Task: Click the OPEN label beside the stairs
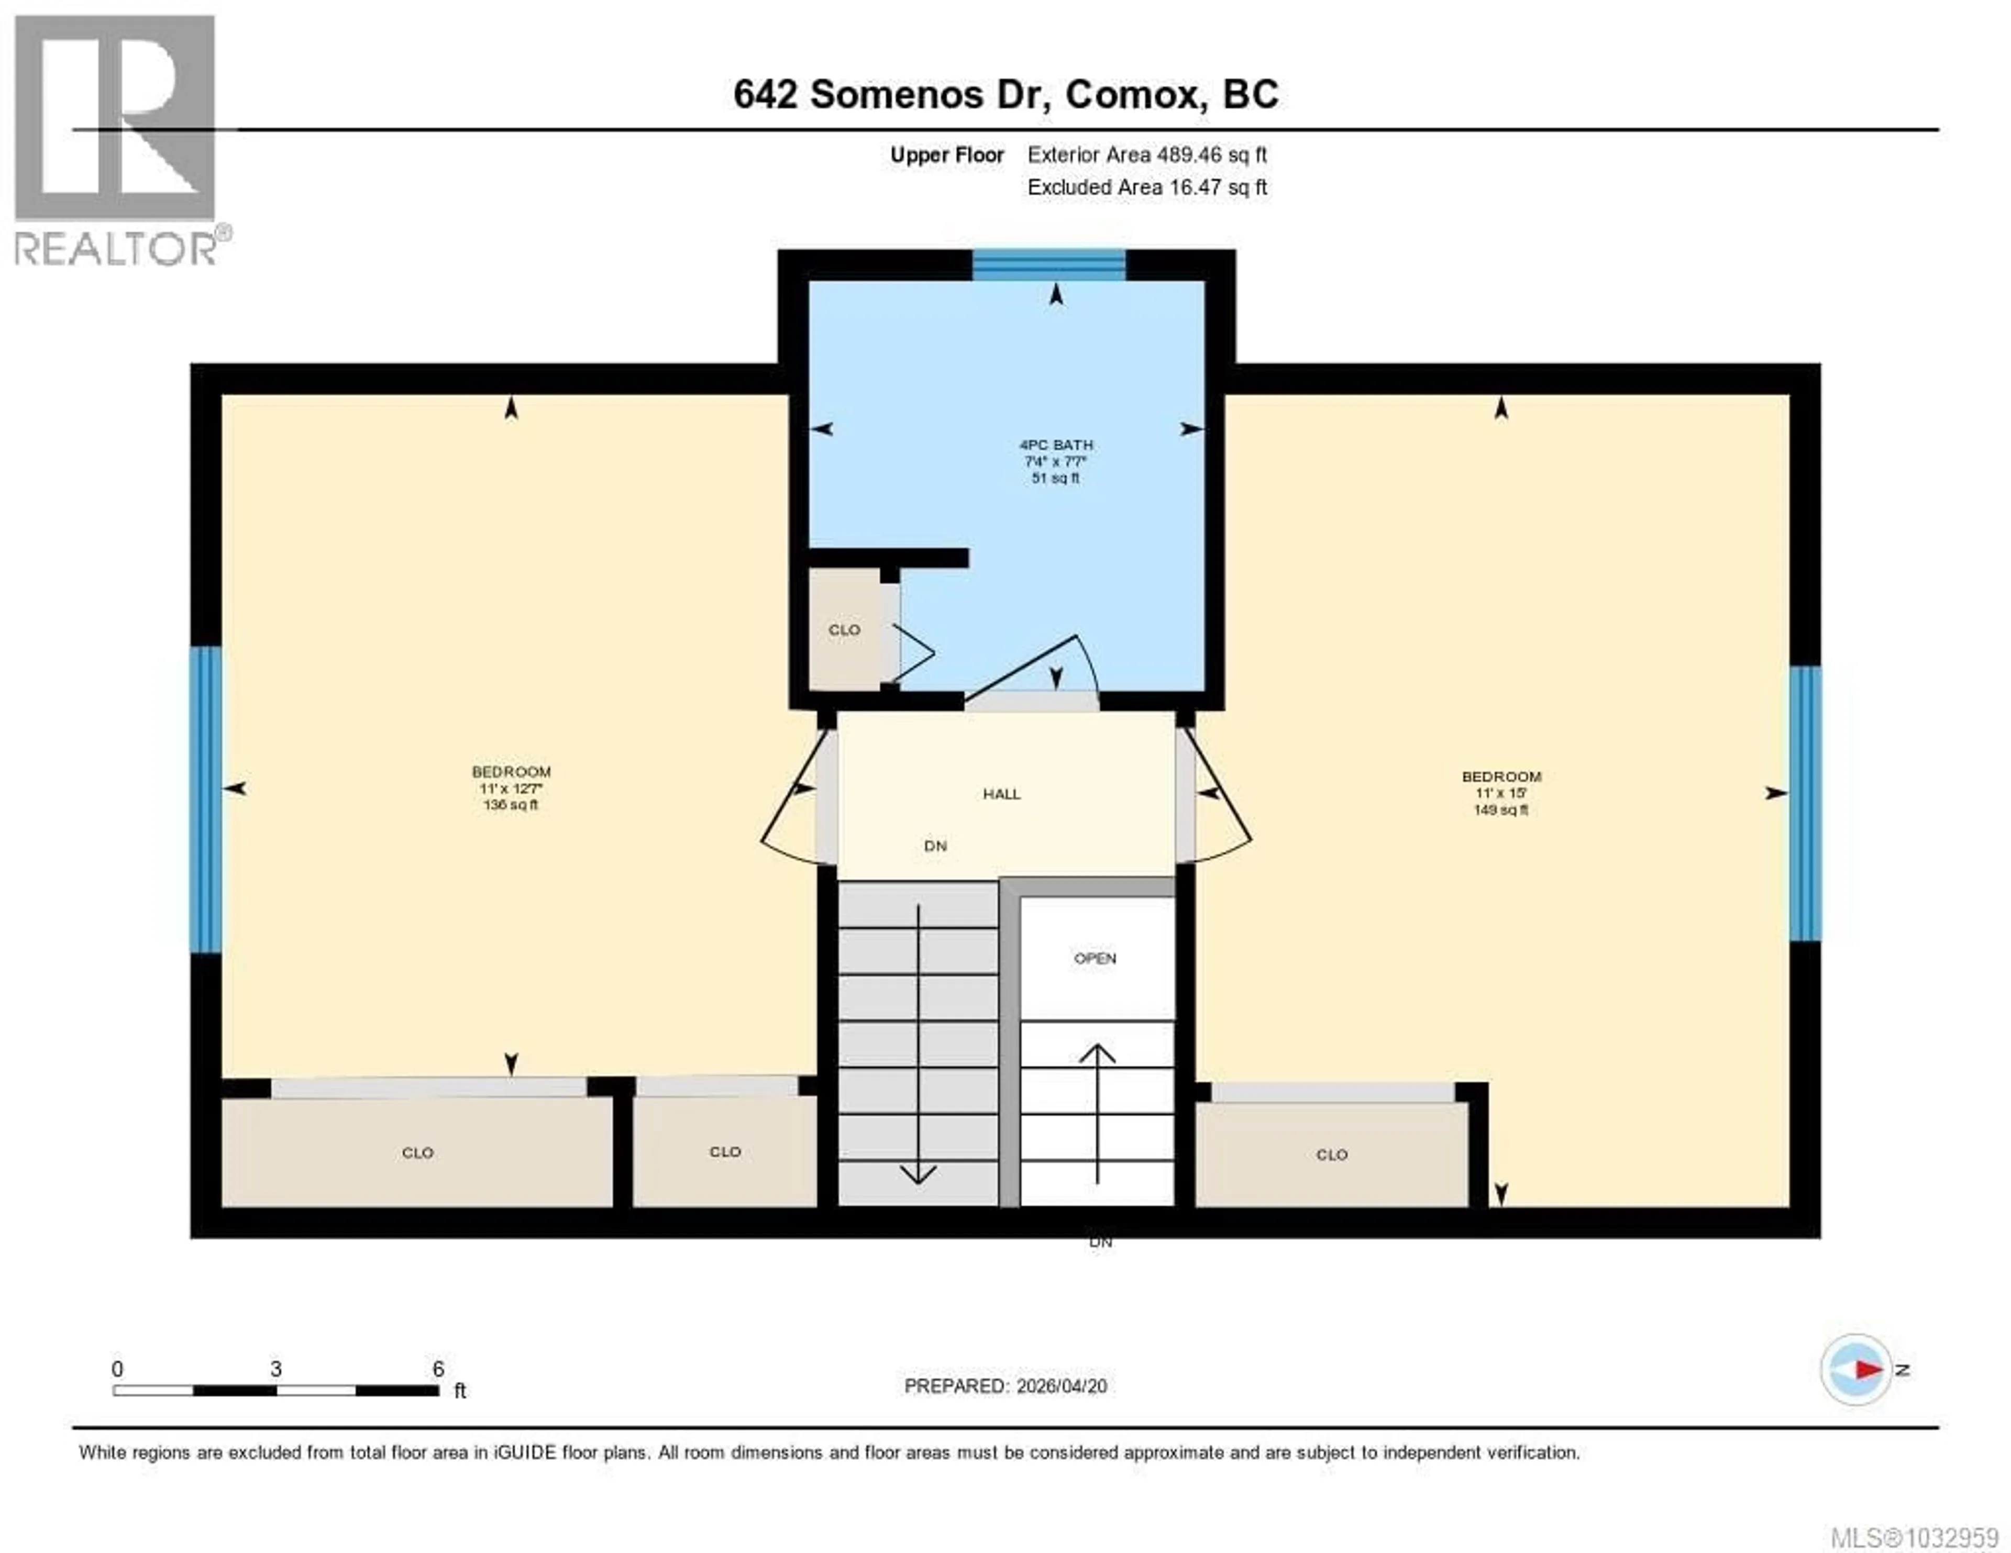(x=1095, y=958)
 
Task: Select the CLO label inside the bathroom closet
(x=844, y=630)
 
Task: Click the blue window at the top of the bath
(x=1049, y=265)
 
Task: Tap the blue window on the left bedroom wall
(x=205, y=799)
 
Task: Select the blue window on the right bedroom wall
(x=1805, y=803)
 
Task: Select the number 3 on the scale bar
(x=275, y=1369)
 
